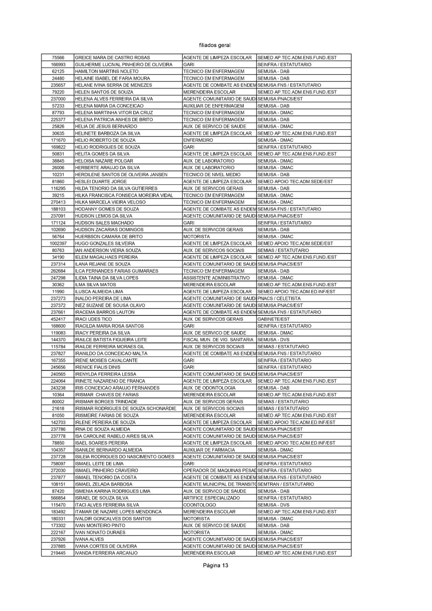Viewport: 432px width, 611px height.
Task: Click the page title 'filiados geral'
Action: coord(215,45)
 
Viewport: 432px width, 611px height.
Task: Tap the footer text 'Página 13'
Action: coord(215,566)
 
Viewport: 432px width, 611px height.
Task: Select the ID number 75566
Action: coord(58,58)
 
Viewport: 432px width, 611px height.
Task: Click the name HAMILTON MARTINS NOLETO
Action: coord(107,71)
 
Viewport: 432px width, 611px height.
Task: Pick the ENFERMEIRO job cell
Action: coord(198,140)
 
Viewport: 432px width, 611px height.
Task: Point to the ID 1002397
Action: coord(58,244)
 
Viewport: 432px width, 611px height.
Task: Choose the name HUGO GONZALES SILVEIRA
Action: coord(105,244)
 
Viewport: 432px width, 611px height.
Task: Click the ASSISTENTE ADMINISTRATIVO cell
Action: coord(216,278)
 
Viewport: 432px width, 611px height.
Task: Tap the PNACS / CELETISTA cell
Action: coord(279,299)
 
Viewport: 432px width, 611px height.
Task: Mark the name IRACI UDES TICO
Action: coord(93,319)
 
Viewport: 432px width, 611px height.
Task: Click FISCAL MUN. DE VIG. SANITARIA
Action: coord(218,340)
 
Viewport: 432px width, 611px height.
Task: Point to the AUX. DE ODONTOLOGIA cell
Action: coord(209,388)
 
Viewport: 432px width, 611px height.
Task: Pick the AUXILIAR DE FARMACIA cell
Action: coord(209,450)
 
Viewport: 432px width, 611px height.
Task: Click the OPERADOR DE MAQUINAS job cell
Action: coord(219,470)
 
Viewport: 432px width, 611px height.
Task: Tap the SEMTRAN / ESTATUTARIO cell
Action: coord(286,484)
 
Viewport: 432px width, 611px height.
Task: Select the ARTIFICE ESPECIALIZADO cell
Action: coord(211,498)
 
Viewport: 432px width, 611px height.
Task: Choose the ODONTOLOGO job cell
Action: coord(199,505)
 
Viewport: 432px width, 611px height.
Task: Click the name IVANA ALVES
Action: coord(89,539)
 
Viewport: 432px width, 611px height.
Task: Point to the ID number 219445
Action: coord(58,553)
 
